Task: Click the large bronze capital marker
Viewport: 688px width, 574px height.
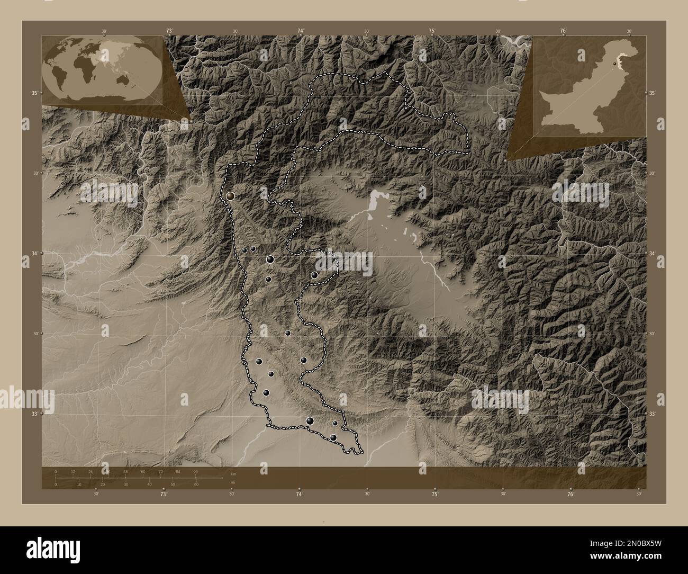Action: (x=230, y=196)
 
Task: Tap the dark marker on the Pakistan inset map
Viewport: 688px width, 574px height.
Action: (x=614, y=63)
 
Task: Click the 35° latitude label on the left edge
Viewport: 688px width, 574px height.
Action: (x=34, y=93)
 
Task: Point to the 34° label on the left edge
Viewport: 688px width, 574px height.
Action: (x=34, y=254)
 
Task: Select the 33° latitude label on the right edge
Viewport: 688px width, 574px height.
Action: (x=653, y=414)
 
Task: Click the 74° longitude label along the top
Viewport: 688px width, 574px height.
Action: (x=300, y=31)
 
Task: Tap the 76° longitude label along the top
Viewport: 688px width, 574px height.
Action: (x=563, y=31)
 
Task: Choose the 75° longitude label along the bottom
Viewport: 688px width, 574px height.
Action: (x=434, y=494)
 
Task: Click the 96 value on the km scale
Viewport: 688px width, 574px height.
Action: (x=195, y=471)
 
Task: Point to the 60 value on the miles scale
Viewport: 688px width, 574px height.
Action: (x=196, y=485)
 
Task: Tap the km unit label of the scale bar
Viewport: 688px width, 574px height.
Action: (x=233, y=474)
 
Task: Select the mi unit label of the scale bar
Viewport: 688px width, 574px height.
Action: (x=232, y=482)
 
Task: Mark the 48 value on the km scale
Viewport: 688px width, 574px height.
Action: (x=125, y=471)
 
